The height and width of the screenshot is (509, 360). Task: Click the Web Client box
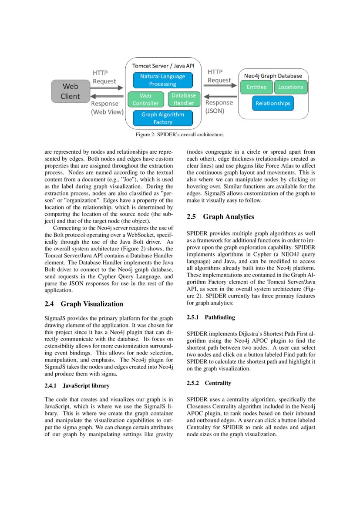coord(70,91)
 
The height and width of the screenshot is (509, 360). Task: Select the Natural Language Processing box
coord(162,80)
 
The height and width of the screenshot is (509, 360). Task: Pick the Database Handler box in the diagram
coord(183,99)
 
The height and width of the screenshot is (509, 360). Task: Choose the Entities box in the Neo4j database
coord(256,87)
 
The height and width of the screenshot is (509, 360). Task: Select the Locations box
coord(290,87)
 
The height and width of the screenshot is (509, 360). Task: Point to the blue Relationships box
coord(273,103)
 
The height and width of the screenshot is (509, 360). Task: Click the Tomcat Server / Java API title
coord(163,65)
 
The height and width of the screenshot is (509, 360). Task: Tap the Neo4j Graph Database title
coord(273,75)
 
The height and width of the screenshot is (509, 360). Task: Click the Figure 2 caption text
coord(180,135)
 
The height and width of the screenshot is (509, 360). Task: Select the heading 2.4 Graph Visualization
coord(84,304)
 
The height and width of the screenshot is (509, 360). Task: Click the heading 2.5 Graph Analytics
coord(220,216)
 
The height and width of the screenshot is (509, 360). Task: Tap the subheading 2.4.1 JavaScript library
coord(77,386)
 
